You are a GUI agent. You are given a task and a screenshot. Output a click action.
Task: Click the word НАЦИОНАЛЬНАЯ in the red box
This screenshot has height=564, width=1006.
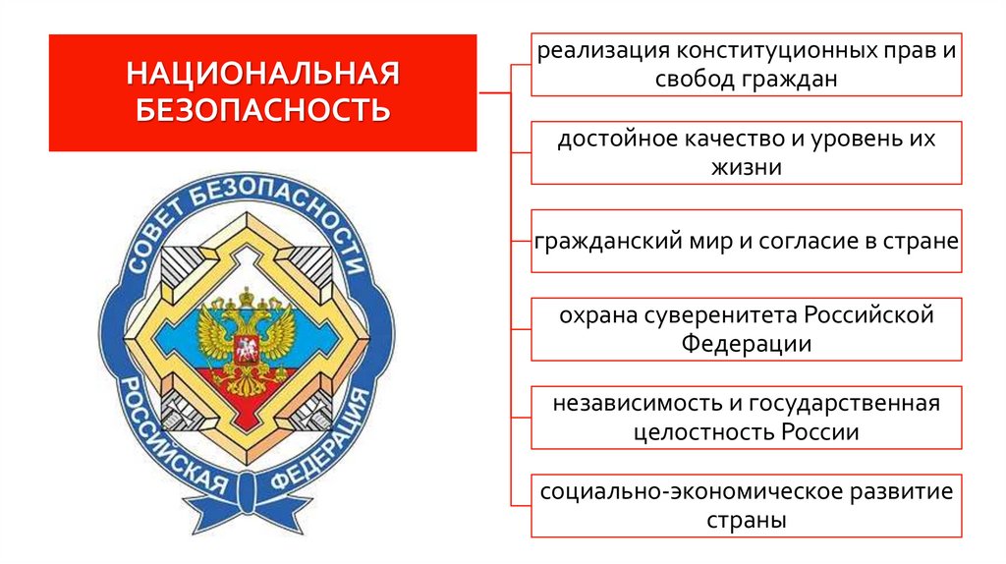tap(262, 74)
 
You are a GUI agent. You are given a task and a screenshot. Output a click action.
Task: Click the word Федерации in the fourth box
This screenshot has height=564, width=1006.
tap(747, 345)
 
